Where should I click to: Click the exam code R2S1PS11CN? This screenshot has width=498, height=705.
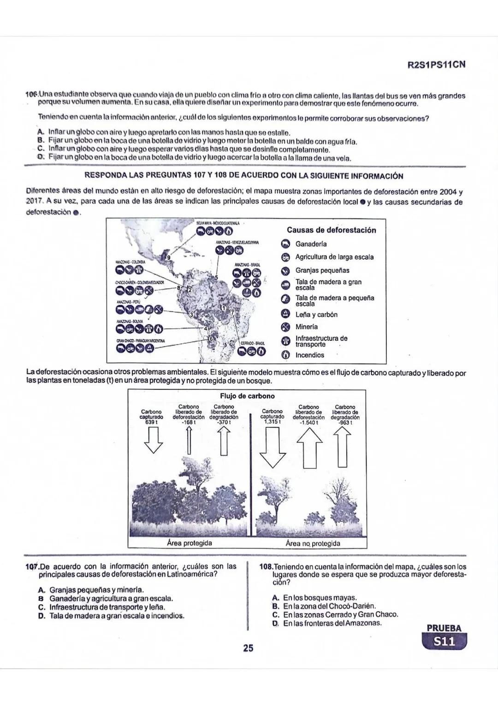tap(436, 65)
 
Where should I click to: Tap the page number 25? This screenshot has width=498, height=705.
tap(248, 648)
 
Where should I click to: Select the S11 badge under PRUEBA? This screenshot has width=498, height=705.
tap(445, 642)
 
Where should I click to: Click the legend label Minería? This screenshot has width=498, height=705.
tap(307, 327)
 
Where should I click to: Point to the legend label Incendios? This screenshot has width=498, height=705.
tap(309, 355)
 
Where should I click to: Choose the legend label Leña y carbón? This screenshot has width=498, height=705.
tap(316, 315)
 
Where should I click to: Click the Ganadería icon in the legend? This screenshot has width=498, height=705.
tap(285, 244)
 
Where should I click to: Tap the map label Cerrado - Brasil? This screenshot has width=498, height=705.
tap(253, 343)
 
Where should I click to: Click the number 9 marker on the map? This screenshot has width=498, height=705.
tap(169, 257)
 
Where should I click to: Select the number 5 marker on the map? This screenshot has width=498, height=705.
tap(216, 277)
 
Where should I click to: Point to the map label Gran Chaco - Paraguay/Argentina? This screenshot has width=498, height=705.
tap(141, 341)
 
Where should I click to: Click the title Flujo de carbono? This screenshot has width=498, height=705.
tap(247, 396)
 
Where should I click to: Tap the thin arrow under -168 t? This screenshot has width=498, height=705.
tap(188, 440)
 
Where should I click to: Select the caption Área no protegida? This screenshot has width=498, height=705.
tap(313, 544)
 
